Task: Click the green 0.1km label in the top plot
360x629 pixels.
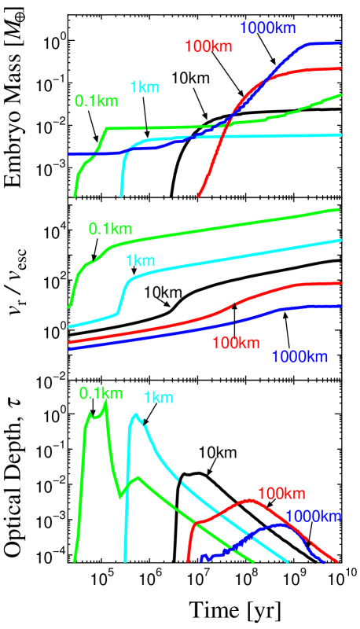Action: pyautogui.click(x=97, y=101)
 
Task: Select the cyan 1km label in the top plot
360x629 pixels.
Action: pyautogui.click(x=145, y=87)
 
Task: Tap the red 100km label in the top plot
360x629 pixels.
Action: pyautogui.click(x=208, y=47)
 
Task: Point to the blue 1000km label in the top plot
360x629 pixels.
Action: pyautogui.click(x=267, y=28)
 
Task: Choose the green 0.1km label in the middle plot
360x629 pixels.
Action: pyautogui.click(x=111, y=229)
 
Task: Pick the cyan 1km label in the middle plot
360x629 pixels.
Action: pyautogui.click(x=141, y=261)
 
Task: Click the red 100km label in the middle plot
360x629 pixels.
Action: pyautogui.click(x=236, y=343)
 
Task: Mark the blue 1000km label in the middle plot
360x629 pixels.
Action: pyautogui.click(x=299, y=357)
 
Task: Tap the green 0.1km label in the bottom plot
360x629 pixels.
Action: pyautogui.click(x=101, y=393)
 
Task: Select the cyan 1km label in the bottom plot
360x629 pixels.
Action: pyautogui.click(x=159, y=398)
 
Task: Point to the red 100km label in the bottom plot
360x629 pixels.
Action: pyautogui.click(x=281, y=494)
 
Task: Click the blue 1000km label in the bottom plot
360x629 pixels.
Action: pyautogui.click(x=313, y=517)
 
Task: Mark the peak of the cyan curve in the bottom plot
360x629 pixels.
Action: pyautogui.click(x=136, y=414)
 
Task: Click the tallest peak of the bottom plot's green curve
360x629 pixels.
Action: pyautogui.click(x=106, y=402)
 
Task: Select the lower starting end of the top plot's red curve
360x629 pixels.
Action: pyautogui.click(x=199, y=195)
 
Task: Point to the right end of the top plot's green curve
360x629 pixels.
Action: pyautogui.click(x=341, y=94)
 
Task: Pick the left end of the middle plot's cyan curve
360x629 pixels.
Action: pyautogui.click(x=69, y=326)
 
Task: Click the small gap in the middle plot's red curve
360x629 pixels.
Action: pyautogui.click(x=234, y=303)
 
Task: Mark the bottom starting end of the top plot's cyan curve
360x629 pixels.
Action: pyautogui.click(x=121, y=196)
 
